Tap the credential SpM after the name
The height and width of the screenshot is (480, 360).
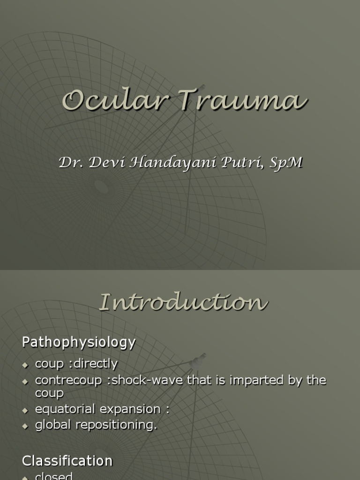(x=285, y=163)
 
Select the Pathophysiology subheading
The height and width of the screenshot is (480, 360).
(x=79, y=343)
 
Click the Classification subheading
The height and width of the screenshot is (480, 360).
(x=67, y=461)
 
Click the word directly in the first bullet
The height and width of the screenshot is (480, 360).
(x=95, y=364)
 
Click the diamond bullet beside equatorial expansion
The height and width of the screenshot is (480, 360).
(x=26, y=410)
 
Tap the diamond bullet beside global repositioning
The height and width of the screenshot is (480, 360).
(x=26, y=426)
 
